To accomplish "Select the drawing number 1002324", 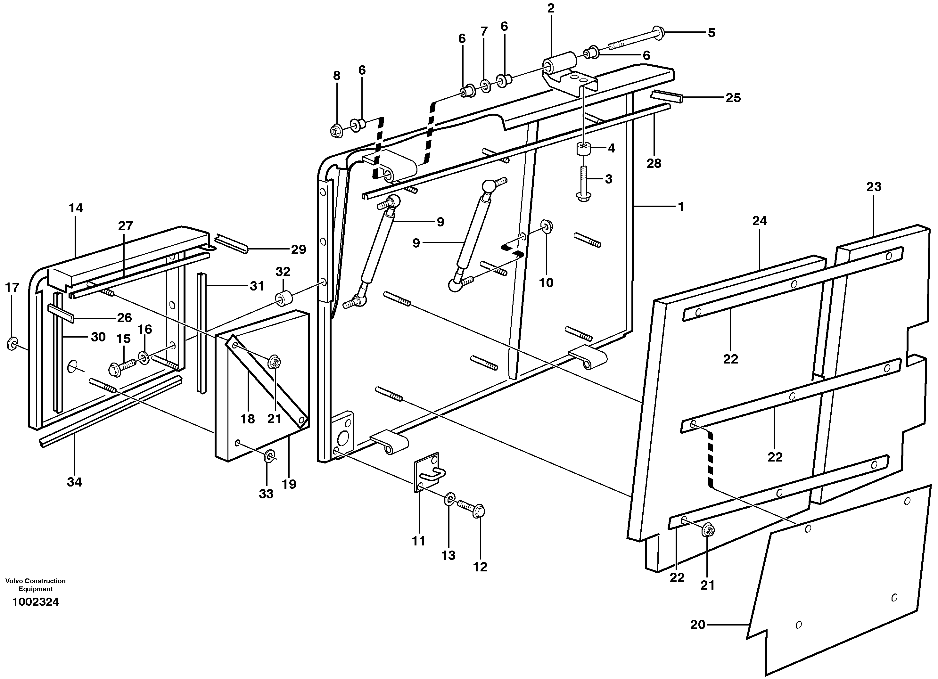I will (36, 602).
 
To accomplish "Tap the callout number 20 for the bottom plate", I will (697, 625).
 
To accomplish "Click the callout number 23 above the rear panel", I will (874, 187).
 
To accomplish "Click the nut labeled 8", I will (336, 131).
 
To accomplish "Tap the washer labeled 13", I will (450, 499).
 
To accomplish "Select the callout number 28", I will (654, 164).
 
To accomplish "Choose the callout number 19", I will (289, 484).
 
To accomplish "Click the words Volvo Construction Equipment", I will (35, 585).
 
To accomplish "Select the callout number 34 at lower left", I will (74, 482).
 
